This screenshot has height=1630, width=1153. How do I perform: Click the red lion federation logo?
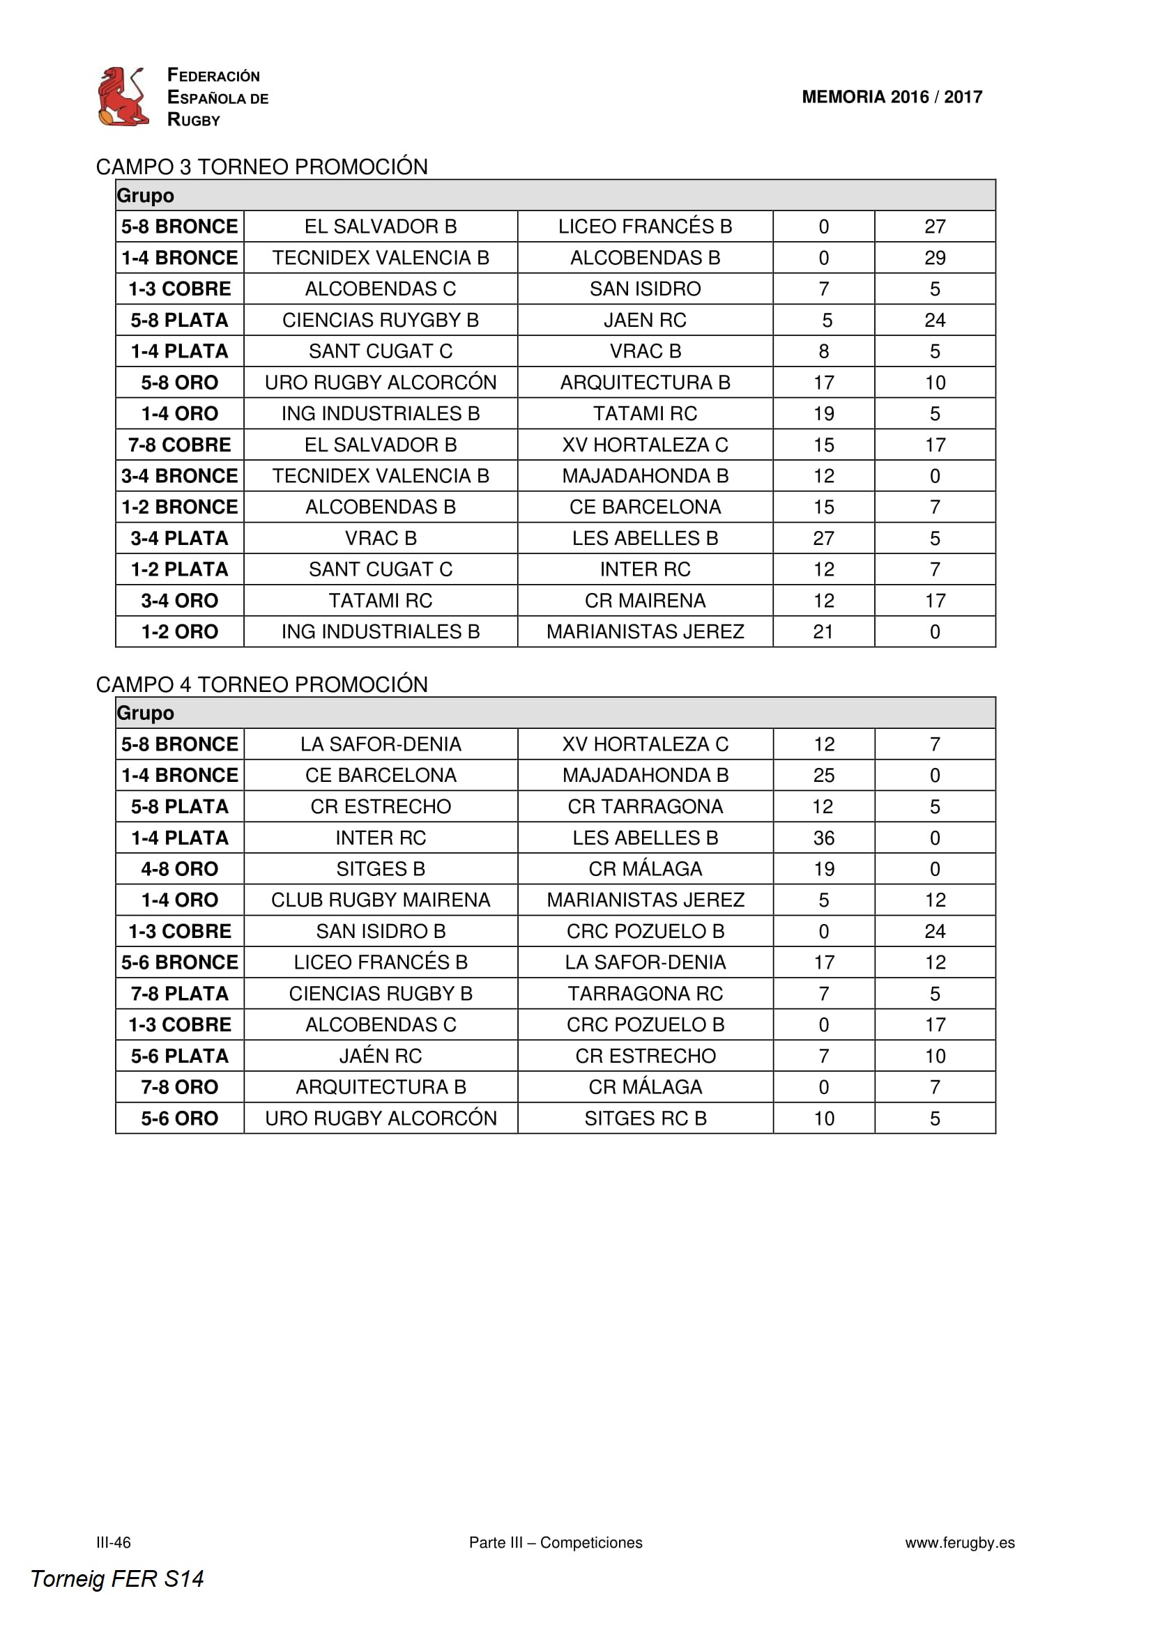click(123, 97)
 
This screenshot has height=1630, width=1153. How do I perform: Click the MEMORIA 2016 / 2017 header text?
click(891, 97)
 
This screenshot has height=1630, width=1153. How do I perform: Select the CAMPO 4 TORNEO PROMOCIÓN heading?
click(261, 684)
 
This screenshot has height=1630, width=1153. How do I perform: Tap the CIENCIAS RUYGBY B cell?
click(380, 320)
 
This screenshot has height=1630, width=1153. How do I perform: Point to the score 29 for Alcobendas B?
click(934, 258)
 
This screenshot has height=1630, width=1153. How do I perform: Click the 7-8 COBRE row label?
click(180, 445)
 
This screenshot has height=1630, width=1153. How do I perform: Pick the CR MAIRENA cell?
click(645, 601)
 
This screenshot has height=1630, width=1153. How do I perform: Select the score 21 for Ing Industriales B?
click(823, 632)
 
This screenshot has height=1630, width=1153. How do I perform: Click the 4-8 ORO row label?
click(180, 869)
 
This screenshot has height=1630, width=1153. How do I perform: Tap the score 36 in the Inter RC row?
click(823, 838)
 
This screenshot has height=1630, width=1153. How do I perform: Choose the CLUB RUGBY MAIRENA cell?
click(380, 900)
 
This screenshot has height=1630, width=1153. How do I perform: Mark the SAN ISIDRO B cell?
click(380, 932)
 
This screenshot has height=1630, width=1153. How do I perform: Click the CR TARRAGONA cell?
click(645, 806)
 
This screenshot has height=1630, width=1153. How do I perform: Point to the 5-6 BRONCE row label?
click(180, 962)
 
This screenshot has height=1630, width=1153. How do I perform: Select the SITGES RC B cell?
click(645, 1119)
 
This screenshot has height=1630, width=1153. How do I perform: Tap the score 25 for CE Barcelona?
click(823, 775)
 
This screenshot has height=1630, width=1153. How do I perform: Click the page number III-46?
click(114, 1542)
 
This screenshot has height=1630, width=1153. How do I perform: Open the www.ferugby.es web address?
click(959, 1542)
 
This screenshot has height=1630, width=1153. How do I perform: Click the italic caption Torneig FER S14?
click(117, 1578)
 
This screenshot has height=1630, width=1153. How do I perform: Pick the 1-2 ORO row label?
click(180, 632)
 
